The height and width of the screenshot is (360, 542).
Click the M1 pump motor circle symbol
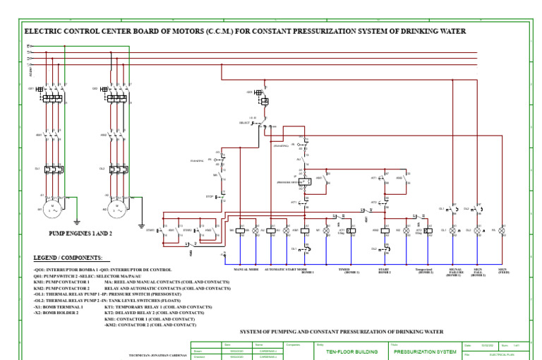[52, 210]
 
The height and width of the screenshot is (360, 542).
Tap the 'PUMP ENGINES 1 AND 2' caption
[80, 232]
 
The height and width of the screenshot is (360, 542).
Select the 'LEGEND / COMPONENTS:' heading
[68, 258]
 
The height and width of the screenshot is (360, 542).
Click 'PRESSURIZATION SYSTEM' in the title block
[425, 350]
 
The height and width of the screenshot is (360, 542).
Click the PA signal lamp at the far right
[502, 231]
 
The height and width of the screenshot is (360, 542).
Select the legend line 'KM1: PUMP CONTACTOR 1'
[61, 281]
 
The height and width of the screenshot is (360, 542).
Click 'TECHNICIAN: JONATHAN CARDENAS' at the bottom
[156, 355]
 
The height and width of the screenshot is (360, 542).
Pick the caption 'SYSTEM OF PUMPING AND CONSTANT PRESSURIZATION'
[342, 330]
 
